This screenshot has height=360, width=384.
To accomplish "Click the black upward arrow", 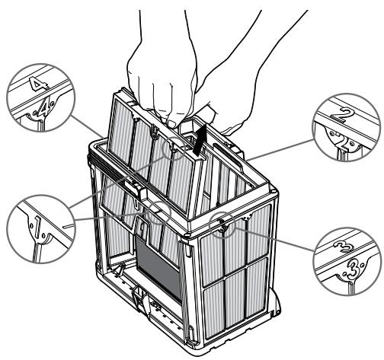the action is click(200, 141).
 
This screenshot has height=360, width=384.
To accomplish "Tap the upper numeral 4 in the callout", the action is click(38, 84).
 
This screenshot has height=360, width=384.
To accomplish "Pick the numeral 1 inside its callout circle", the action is click(37, 227).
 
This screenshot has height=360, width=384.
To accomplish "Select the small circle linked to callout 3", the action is click(222, 225).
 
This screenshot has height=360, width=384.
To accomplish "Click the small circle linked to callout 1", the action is click(159, 213).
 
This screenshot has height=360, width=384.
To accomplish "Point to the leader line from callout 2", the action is click(280, 150).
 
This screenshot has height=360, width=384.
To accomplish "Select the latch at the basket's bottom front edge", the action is click(140, 299).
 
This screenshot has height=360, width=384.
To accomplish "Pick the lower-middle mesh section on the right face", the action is click(234, 298).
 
